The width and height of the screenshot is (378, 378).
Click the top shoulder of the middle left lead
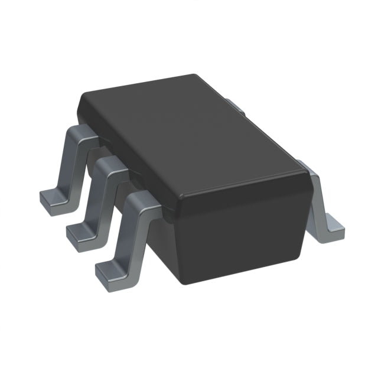click(x=112, y=165)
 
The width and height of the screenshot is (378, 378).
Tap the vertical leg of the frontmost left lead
click(x=131, y=233)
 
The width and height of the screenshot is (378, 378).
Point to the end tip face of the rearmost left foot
click(x=50, y=203)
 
